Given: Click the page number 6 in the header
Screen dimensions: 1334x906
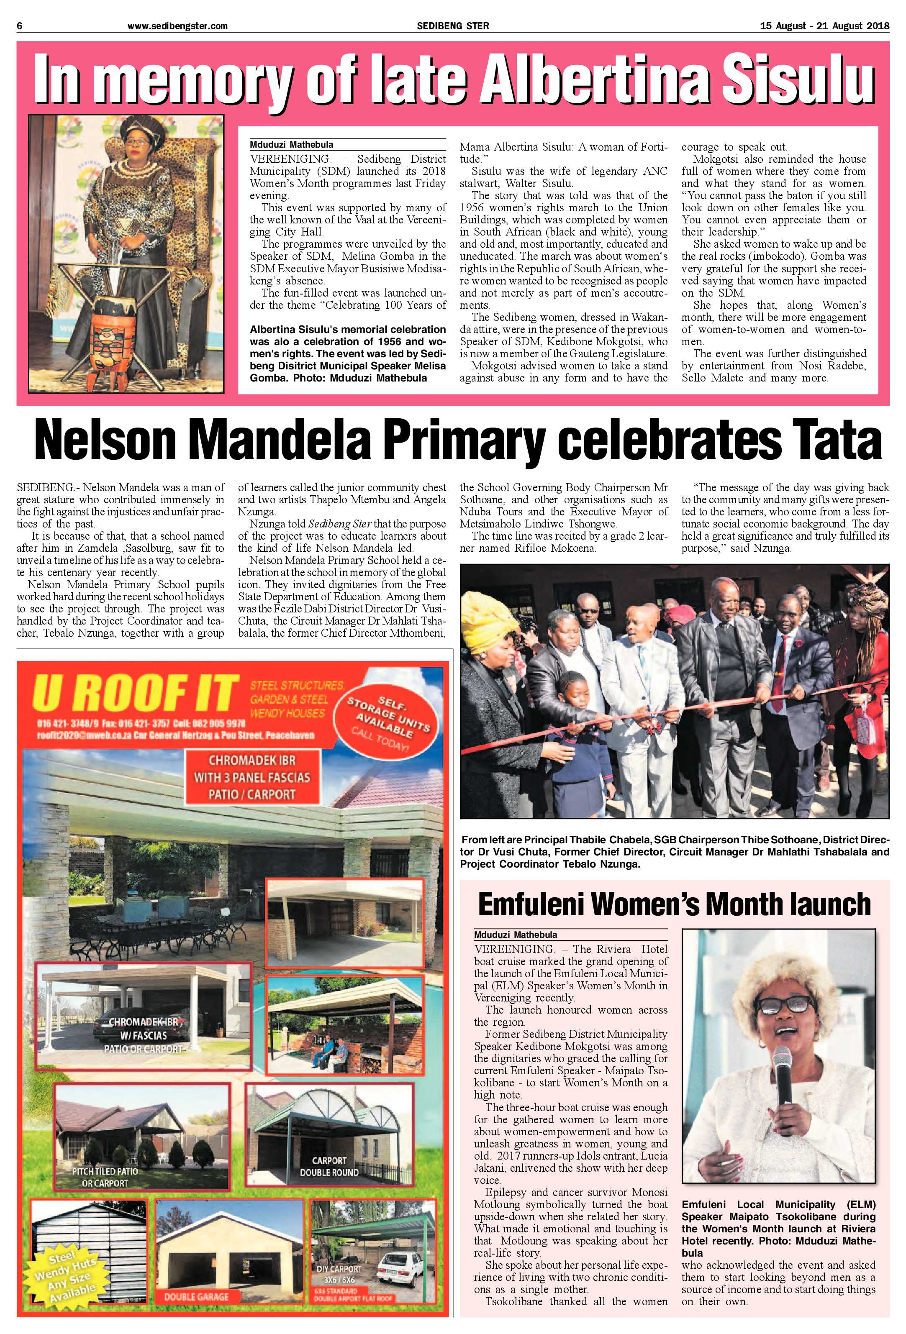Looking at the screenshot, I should [x=20, y=26].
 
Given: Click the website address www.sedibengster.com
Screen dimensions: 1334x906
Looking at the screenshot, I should [x=177, y=26].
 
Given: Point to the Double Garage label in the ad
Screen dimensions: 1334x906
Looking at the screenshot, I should [x=196, y=1296].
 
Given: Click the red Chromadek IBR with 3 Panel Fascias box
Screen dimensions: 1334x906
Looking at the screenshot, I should [x=252, y=778].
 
